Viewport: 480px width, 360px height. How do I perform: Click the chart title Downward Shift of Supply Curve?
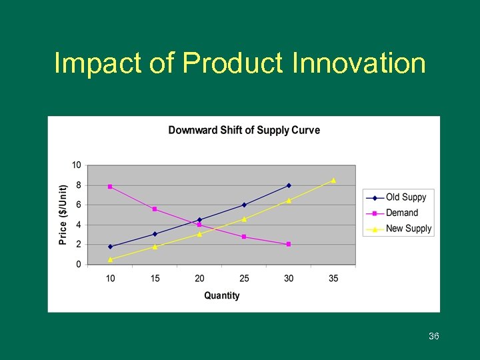click(x=244, y=130)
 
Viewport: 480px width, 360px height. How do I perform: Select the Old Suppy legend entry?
click(x=405, y=197)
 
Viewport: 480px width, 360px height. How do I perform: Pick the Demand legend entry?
click(x=402, y=213)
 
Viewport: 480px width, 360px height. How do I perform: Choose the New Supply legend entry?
click(x=408, y=229)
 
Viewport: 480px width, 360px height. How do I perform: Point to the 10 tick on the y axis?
click(x=77, y=165)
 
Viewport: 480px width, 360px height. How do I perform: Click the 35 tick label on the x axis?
click(x=333, y=278)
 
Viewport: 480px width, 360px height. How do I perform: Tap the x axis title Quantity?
click(x=222, y=295)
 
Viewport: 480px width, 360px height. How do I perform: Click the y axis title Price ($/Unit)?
click(x=63, y=215)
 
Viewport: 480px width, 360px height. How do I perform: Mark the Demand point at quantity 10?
click(x=110, y=187)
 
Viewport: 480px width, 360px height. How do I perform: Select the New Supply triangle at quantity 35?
click(x=333, y=181)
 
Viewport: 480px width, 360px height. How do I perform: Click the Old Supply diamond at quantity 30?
click(x=289, y=185)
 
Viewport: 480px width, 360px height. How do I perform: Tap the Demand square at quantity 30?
click(x=289, y=244)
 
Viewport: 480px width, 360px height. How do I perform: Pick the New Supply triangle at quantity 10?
click(x=110, y=259)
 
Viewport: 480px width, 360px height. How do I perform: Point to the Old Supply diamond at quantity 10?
click(x=110, y=247)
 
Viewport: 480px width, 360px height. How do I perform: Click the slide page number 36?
click(x=433, y=337)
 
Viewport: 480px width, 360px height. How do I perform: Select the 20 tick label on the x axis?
click(x=199, y=278)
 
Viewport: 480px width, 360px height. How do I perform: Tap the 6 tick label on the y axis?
click(x=79, y=205)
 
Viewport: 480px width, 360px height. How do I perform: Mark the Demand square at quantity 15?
click(x=155, y=209)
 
